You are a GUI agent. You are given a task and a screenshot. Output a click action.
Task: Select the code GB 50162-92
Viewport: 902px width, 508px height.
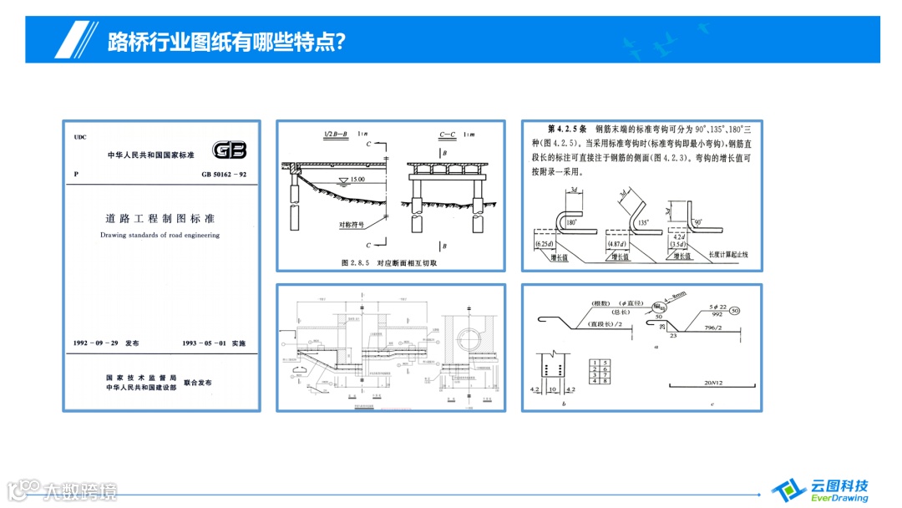coord(224,175)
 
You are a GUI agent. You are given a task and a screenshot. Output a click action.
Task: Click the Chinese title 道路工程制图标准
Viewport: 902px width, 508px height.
coord(160,219)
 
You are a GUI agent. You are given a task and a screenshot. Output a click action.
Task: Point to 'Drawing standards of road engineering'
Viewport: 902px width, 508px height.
coord(160,236)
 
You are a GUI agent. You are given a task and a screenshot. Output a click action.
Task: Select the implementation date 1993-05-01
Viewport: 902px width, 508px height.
coord(214,343)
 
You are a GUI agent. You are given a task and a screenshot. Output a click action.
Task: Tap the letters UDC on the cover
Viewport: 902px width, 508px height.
coord(80,137)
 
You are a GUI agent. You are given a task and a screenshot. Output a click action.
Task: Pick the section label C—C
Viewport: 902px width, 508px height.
coord(447,135)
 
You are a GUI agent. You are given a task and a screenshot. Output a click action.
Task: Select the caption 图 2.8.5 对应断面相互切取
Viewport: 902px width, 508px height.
coord(390,262)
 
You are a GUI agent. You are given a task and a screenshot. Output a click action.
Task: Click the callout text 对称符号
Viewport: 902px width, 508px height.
coord(353,225)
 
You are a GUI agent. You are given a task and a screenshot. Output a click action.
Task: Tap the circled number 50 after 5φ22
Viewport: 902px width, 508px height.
coord(735,310)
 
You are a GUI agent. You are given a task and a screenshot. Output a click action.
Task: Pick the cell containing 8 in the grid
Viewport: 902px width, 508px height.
coord(604,382)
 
